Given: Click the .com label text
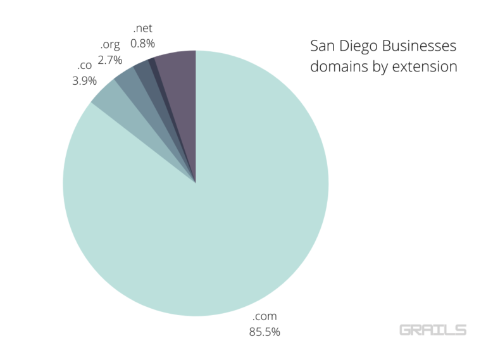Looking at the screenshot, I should tap(265, 316).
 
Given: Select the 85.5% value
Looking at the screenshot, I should tap(265, 331).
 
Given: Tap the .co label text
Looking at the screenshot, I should tap(84, 65).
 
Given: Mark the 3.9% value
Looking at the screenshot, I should tap(84, 80).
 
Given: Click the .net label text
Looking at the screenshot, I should tap(142, 28).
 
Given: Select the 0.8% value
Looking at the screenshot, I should tap(142, 43).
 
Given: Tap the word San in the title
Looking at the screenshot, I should tap(322, 46).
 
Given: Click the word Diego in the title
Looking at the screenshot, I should tap(359, 47).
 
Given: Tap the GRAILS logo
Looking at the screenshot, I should tap(433, 330).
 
